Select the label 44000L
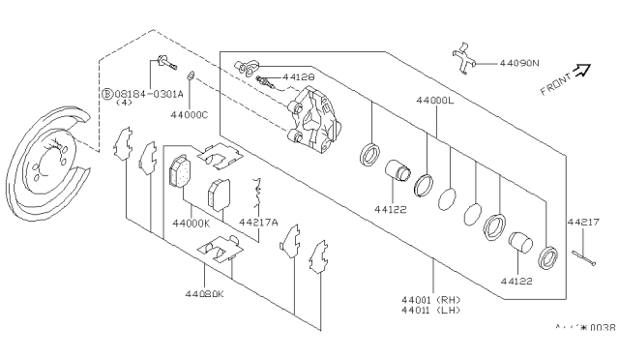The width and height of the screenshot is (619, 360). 435,101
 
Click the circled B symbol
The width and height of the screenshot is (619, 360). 107,94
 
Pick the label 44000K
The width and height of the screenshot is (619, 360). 192,224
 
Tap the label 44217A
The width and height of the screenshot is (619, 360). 259,224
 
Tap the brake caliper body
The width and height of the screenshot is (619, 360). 313,118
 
